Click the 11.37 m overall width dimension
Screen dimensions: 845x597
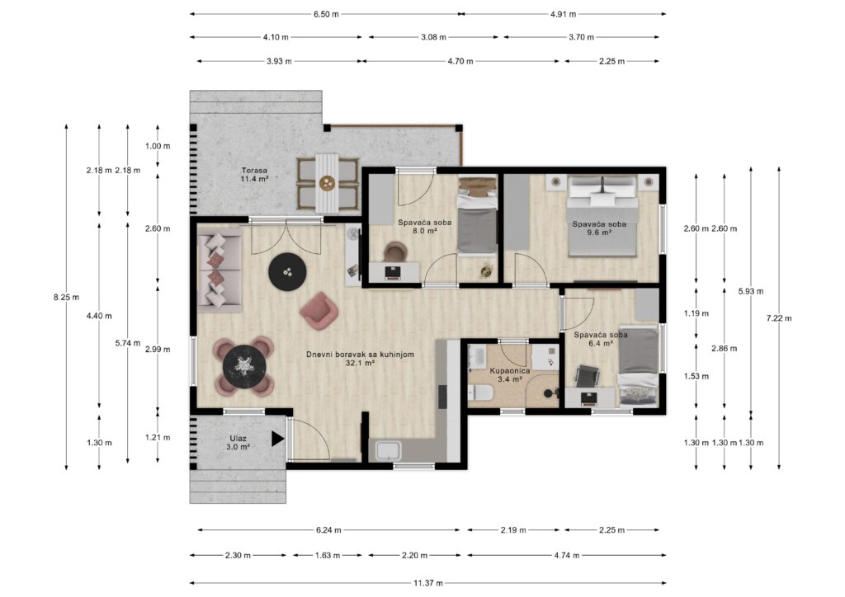428,582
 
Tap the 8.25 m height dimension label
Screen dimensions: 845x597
66,297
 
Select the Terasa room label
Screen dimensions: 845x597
254,171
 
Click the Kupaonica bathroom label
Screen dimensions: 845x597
510,370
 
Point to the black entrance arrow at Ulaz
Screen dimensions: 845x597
277,439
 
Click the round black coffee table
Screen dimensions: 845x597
288,272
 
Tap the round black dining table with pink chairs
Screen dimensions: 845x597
244,366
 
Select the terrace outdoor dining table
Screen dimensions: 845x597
327,183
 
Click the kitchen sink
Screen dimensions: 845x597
388,450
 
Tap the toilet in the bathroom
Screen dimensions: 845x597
480,393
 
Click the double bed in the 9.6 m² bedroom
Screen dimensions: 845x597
603,216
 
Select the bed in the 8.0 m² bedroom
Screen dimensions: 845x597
477,216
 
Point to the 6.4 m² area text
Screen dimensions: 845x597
601,343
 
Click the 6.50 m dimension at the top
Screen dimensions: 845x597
327,14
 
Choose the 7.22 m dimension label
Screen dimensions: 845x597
779,318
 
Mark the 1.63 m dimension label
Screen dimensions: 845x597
328,555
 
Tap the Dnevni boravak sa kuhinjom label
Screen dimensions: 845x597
360,355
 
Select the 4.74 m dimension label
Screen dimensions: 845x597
566,555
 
